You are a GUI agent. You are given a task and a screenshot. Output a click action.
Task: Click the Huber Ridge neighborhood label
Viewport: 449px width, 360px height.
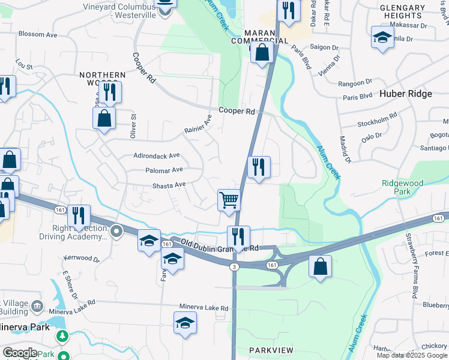pyautogui.click(x=405, y=94)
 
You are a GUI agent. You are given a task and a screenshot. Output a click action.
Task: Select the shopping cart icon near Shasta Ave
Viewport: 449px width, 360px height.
pyautogui.click(x=229, y=200)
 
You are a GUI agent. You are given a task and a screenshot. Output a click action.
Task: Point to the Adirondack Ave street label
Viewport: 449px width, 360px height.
pyautogui.click(x=157, y=155)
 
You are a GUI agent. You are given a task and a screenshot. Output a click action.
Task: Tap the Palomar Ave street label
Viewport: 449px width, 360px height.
pyautogui.click(x=164, y=170)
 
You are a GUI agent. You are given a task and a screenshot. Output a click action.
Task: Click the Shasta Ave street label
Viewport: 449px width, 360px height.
pyautogui.click(x=169, y=185)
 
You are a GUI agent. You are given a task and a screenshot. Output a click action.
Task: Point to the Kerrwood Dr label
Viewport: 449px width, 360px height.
pyautogui.click(x=81, y=259)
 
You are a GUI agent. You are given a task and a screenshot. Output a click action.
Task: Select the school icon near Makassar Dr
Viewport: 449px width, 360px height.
pyautogui.click(x=382, y=37)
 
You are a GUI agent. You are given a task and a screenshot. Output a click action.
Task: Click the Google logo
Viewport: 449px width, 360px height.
pyautogui.click(x=20, y=353)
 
